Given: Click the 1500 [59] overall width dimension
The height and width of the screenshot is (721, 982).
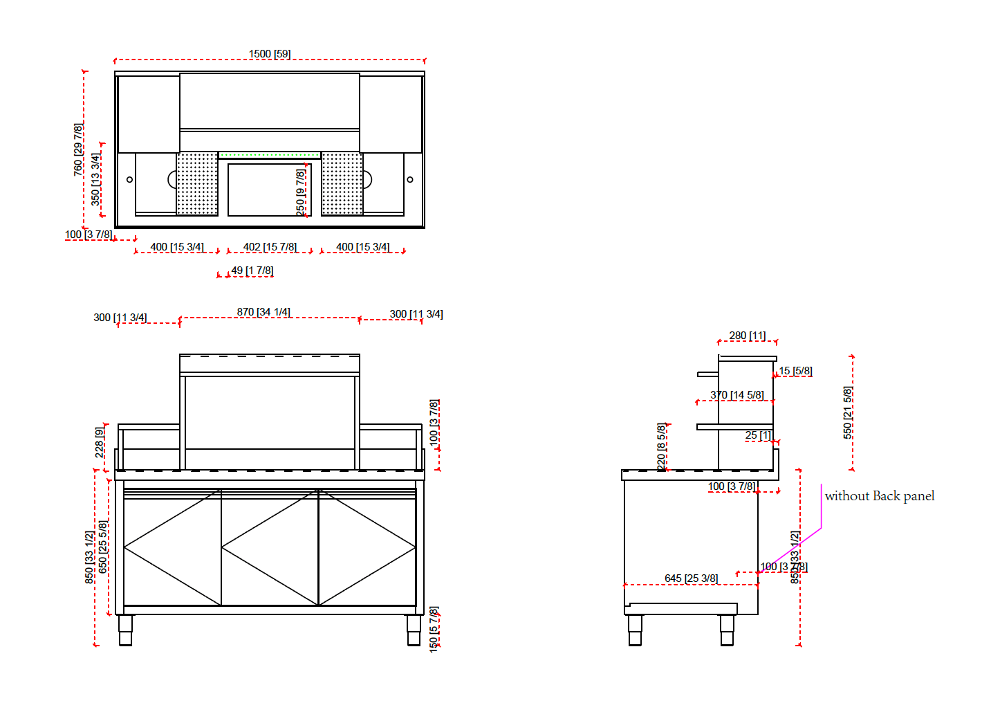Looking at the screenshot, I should pos(270,54).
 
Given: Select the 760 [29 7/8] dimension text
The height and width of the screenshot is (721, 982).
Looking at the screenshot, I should pos(78,149).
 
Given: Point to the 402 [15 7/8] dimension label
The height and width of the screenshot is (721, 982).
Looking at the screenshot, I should pos(270,247).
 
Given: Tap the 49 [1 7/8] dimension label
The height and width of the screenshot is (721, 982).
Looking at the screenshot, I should pos(252,271).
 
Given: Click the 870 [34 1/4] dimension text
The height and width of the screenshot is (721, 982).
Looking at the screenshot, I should pos(263,312).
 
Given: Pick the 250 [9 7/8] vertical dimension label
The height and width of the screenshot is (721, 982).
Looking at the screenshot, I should pos(300,192).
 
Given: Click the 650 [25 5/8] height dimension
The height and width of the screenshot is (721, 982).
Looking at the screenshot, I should pos(103,547).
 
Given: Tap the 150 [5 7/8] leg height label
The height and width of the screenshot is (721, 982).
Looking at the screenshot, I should pos(434,629).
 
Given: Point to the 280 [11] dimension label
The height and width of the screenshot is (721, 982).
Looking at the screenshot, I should pos(747,336).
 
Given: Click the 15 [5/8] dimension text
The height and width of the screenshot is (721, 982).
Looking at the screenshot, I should pos(795,371).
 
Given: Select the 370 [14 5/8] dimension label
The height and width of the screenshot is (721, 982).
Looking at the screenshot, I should pos(736,395).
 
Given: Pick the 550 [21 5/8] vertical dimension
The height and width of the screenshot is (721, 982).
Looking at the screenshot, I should pos(848,412).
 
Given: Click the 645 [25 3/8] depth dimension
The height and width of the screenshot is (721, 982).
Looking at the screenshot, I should pos(691,578).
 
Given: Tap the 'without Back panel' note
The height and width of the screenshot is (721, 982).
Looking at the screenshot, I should pos(879,496).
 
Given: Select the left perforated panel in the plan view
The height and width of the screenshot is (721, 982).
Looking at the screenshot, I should pos(197,183).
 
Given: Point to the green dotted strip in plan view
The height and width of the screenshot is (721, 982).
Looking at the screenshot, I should pos(270,156).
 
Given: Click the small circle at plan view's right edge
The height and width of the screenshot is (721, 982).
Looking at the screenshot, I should pos(410,180).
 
